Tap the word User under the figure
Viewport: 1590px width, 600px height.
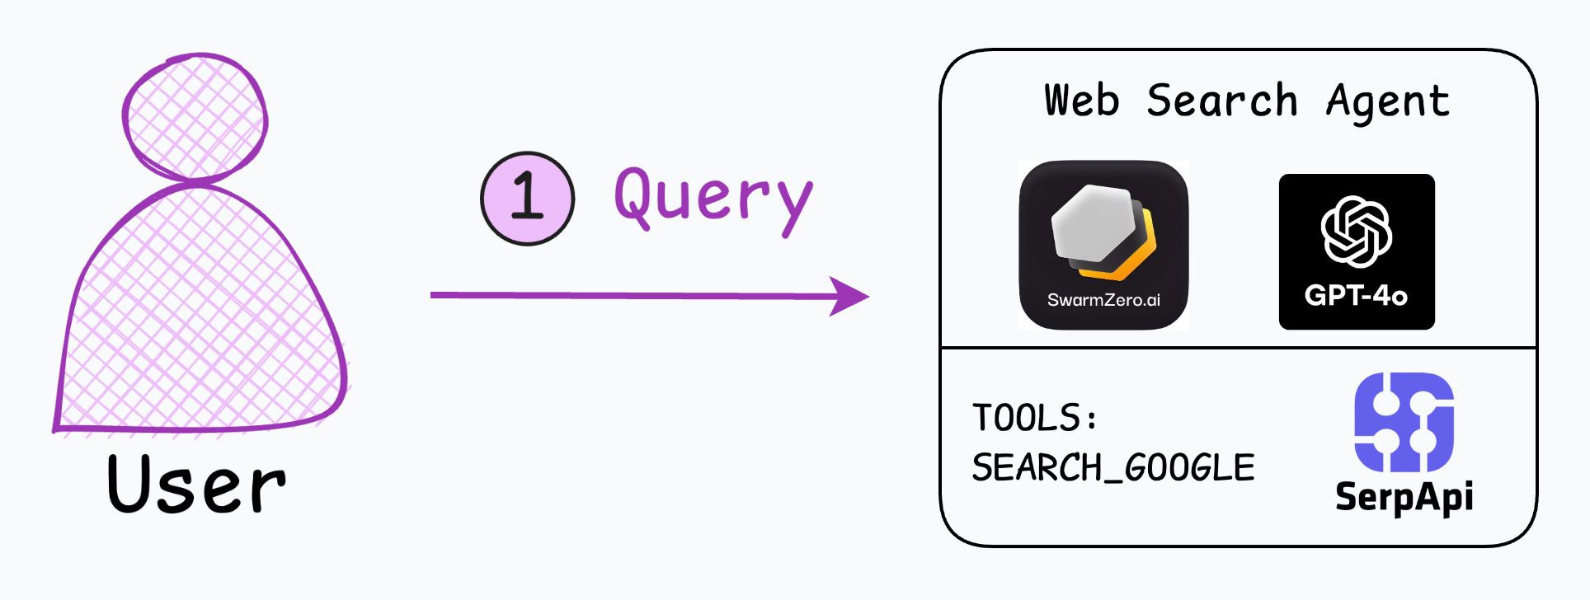[196, 485]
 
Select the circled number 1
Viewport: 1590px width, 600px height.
[528, 198]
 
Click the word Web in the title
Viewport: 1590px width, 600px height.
[1082, 101]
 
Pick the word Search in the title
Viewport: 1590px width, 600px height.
[1222, 101]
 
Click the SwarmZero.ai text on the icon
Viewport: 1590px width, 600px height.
[1103, 300]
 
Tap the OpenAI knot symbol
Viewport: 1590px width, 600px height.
[1357, 231]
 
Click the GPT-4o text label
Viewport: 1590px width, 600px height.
[1357, 295]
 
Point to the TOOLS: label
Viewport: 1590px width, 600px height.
[1035, 417]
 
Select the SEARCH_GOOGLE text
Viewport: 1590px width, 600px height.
[1113, 467]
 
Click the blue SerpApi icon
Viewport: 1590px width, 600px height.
[1404, 422]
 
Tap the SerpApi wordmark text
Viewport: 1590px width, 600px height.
[1404, 496]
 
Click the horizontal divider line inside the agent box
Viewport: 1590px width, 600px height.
[1237, 348]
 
